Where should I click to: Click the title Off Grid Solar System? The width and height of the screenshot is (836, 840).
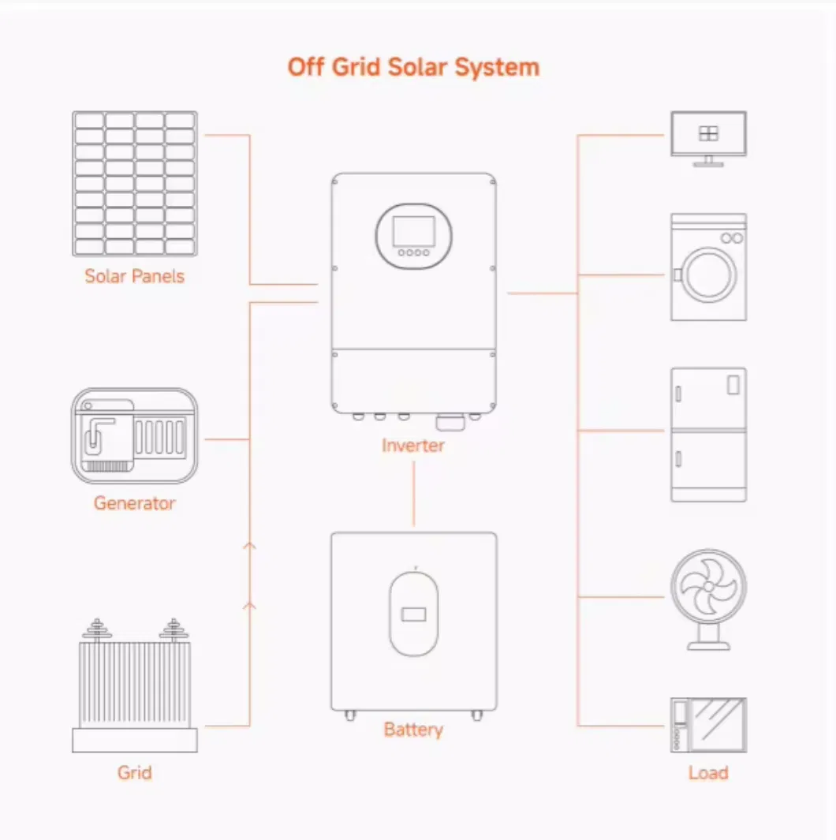413,67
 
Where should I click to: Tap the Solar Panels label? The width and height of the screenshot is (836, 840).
134,276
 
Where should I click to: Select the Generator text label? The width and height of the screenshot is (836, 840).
134,502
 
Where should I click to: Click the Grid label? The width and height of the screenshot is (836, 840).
134,772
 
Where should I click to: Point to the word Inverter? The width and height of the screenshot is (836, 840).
413,446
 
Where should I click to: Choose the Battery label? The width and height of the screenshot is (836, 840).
413,730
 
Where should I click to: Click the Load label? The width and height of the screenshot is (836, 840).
707,772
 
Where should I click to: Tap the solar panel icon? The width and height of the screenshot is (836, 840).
135,183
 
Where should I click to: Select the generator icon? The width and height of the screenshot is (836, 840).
135,435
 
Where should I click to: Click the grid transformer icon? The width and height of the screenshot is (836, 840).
135,685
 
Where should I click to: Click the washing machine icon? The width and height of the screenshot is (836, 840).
708,267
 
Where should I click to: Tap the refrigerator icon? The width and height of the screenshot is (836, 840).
708,434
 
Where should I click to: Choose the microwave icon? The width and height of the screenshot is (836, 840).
708,724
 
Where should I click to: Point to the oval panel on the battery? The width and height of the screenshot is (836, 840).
413,613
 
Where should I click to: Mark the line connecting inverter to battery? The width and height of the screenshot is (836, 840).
413,493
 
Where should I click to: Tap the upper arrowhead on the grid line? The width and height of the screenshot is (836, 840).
250,545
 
